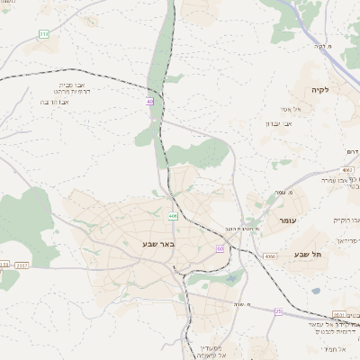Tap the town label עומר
tap(287, 220)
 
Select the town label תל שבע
tap(308, 254)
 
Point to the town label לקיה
tap(320, 90)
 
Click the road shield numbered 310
tap(44, 34)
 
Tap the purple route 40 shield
tap(150, 103)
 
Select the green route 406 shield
tap(172, 216)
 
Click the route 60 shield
tap(220, 248)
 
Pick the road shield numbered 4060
tap(271, 256)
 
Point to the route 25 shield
tap(278, 311)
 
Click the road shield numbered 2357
tap(22, 265)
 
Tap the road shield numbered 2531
tap(338, 314)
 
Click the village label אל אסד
tap(278, 109)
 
